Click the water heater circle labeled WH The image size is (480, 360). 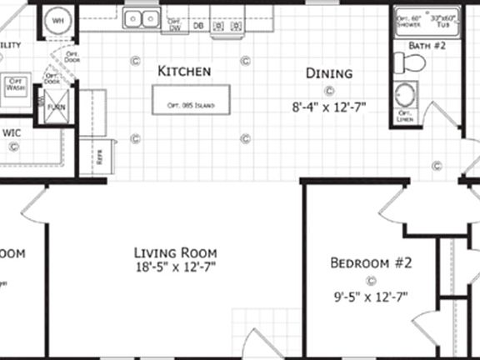57,19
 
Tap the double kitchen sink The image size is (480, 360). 142,17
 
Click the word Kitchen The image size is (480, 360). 183,72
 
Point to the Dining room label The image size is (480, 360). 328,73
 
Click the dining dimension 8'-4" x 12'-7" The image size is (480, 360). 329,107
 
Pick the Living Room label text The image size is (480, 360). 176,252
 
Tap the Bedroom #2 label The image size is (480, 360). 372,263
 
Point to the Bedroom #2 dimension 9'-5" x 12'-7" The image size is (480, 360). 372,295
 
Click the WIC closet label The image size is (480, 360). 12,132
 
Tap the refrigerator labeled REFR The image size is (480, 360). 101,157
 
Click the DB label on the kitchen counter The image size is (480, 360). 198,26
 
